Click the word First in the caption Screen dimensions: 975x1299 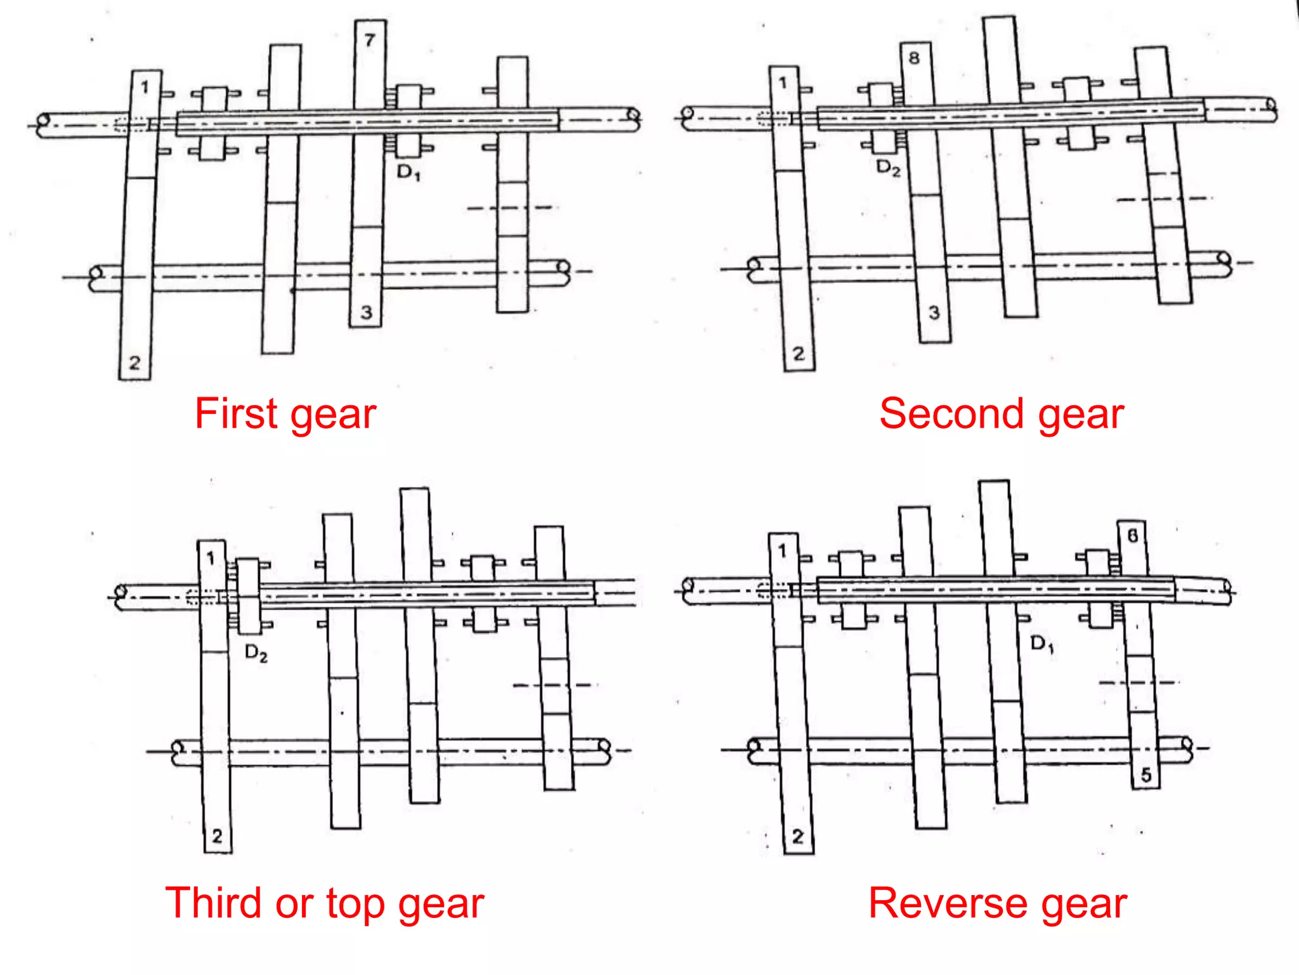(x=236, y=414)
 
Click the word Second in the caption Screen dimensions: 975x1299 (x=951, y=414)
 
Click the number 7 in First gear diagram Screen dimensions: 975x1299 (x=370, y=40)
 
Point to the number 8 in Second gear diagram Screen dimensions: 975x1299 (x=914, y=58)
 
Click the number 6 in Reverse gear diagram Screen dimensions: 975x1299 (x=1132, y=536)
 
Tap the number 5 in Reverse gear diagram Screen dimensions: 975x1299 (x=1146, y=775)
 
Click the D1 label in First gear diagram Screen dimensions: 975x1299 (x=408, y=172)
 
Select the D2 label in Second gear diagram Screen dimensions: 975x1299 (x=888, y=168)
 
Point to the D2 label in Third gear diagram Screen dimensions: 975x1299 (x=256, y=653)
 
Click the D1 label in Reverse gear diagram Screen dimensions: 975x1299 (x=1041, y=644)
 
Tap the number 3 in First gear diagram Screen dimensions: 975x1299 (x=366, y=312)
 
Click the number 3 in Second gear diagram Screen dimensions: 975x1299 (x=934, y=312)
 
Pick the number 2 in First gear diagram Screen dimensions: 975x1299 (x=134, y=363)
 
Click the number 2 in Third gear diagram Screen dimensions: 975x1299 (x=217, y=836)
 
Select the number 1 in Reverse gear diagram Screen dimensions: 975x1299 (x=782, y=550)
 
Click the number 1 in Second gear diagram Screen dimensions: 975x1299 (x=783, y=83)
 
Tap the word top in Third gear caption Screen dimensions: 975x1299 (x=355, y=904)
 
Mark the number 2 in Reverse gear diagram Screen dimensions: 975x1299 (x=798, y=837)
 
